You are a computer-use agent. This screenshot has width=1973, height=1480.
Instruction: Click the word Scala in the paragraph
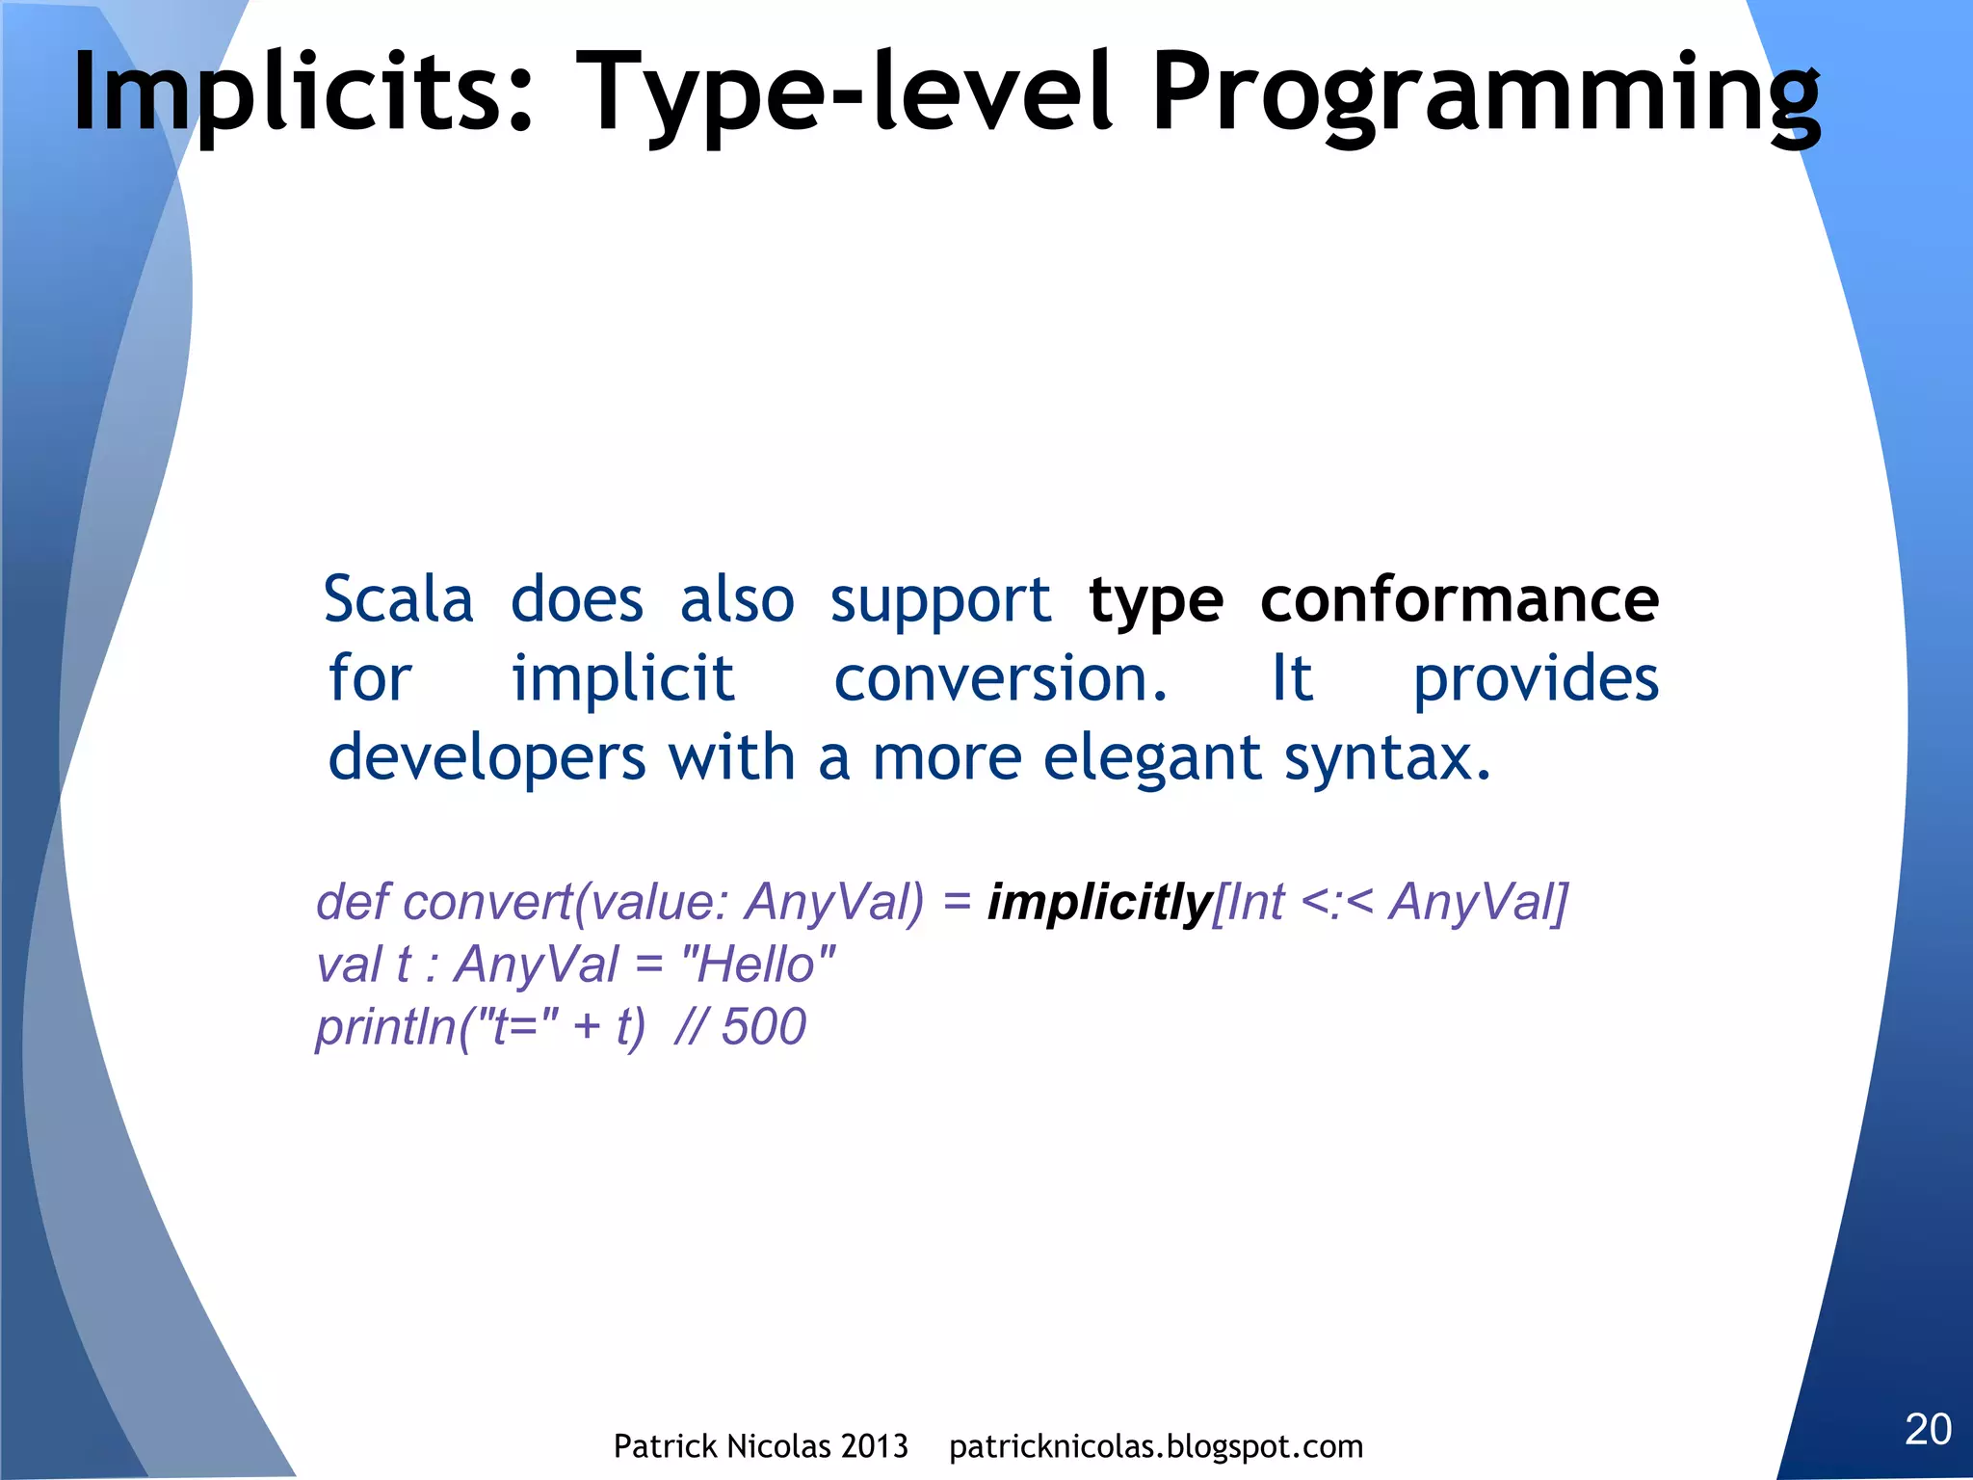(398, 599)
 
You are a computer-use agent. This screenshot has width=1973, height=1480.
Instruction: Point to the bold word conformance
(1459, 599)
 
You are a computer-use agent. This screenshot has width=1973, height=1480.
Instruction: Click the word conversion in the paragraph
(1000, 678)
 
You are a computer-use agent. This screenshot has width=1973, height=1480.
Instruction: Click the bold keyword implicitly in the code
(1099, 903)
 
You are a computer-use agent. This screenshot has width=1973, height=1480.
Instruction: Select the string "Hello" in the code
(757, 964)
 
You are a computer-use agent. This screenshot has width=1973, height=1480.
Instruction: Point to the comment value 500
(763, 1026)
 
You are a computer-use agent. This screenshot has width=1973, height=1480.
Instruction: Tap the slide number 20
(1928, 1429)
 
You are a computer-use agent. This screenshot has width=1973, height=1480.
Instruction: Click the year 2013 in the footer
(873, 1446)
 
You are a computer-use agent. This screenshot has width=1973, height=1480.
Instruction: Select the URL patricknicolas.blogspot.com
(1155, 1446)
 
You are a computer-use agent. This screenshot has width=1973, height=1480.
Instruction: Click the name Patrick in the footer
(665, 1446)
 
